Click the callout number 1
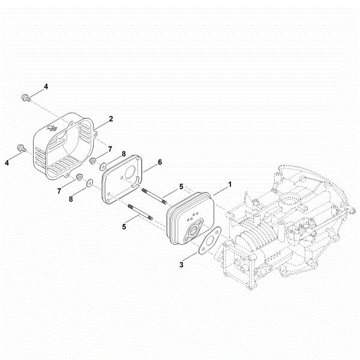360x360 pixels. (x=230, y=184)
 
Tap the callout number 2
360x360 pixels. (x=111, y=119)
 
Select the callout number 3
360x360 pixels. (x=181, y=265)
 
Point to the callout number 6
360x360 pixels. (x=160, y=162)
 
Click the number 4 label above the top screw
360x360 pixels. (x=46, y=86)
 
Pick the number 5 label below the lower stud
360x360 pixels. (x=124, y=227)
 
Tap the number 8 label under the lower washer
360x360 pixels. (x=71, y=199)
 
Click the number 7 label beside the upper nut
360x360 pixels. (x=110, y=149)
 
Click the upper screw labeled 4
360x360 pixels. (x=26, y=98)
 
